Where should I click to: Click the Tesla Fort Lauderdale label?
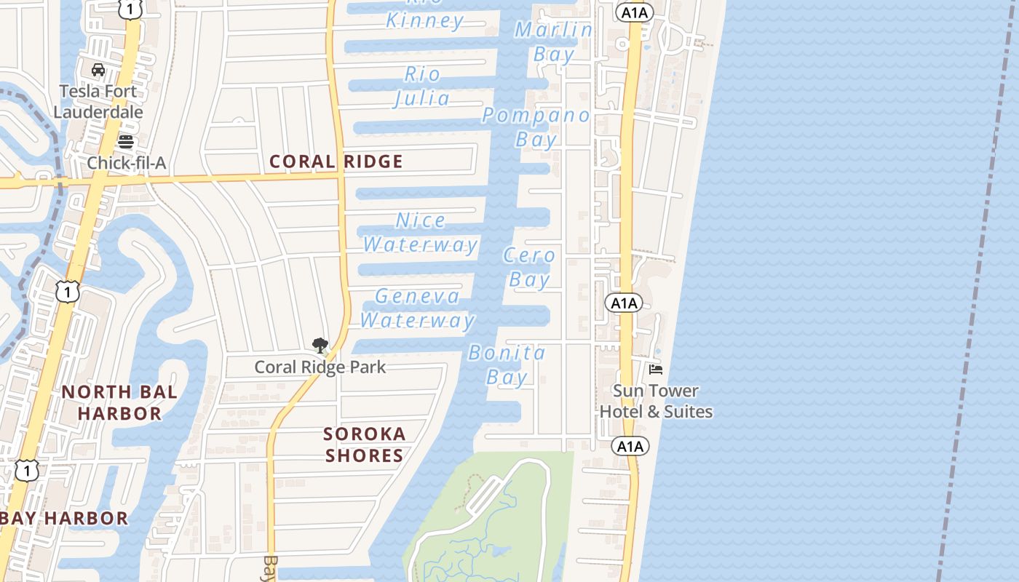(98, 102)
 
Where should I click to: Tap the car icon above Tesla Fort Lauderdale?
(98, 70)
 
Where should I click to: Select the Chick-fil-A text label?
(127, 163)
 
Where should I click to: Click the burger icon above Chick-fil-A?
(126, 141)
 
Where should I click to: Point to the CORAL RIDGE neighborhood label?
(336, 162)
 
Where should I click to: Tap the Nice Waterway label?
(421, 232)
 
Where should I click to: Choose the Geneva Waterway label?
(418, 308)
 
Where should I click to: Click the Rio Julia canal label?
(423, 86)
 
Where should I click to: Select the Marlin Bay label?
(554, 41)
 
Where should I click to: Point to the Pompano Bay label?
(536, 127)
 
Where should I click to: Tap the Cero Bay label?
(529, 267)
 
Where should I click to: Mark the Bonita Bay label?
(507, 365)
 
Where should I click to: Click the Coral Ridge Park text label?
(320, 367)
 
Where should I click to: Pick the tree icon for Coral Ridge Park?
(320, 346)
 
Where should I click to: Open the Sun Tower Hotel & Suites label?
(656, 401)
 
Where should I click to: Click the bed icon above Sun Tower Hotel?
(656, 370)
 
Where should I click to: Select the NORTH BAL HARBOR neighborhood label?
(119, 402)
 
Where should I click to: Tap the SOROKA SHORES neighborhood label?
(365, 445)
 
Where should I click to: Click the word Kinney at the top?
(425, 21)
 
